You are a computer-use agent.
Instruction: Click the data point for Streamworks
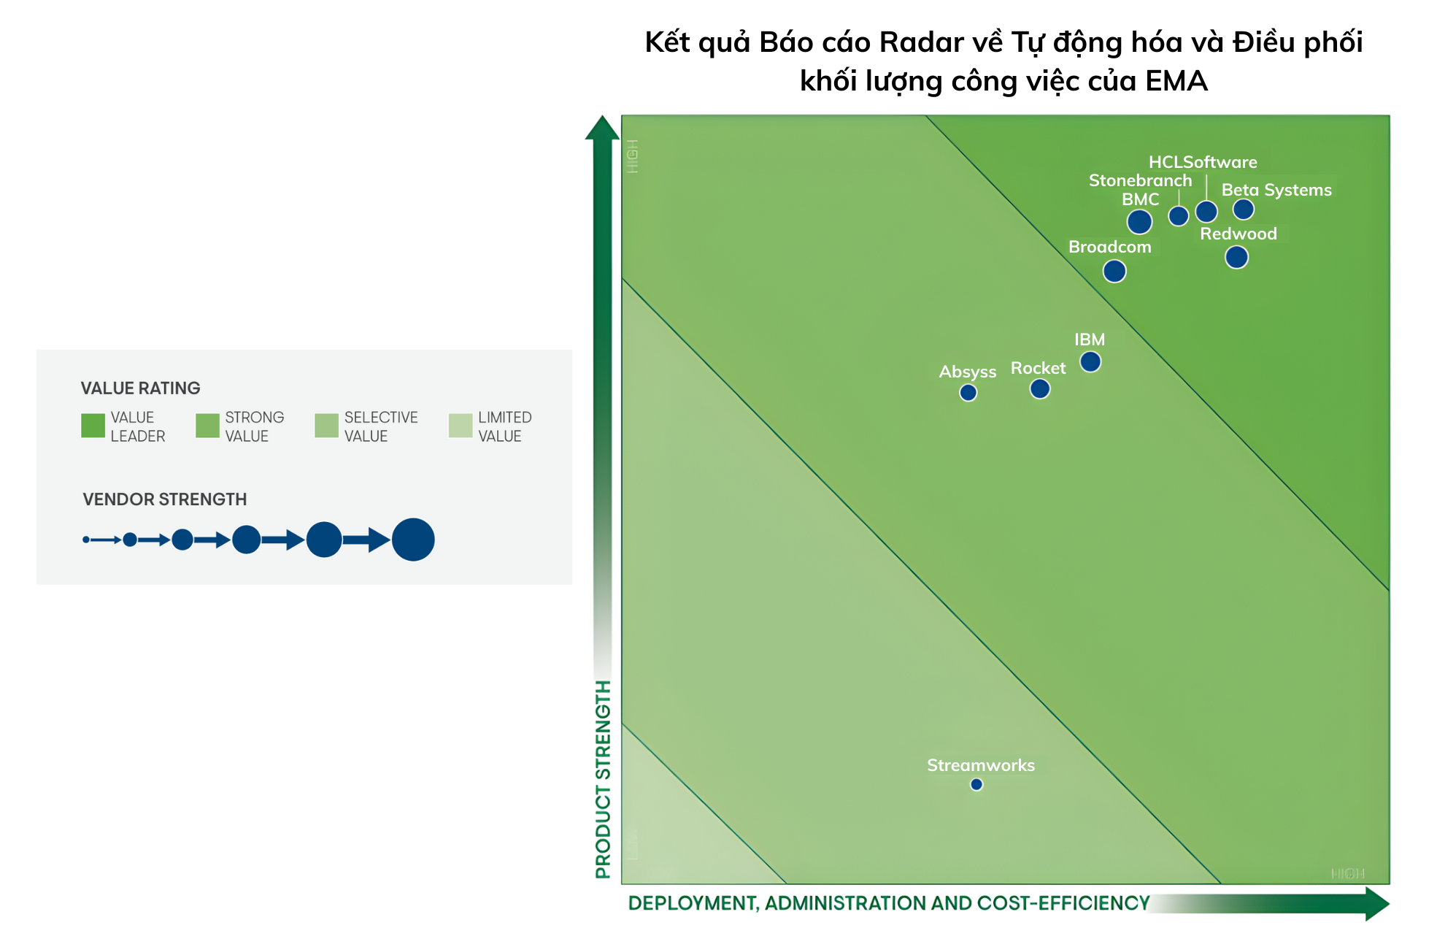pos(976,784)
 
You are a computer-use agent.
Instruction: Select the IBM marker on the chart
pos(1090,361)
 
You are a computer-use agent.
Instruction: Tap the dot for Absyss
pos(968,393)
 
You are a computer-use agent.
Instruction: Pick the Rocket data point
pos(1039,388)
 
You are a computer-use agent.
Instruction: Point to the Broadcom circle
pos(1114,271)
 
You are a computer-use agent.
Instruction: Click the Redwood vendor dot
pos(1236,257)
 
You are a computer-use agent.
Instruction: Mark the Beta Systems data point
pos(1243,210)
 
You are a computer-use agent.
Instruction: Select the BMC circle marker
pos(1139,221)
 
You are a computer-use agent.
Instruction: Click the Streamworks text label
pos(980,765)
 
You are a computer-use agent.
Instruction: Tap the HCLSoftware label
pos(1202,162)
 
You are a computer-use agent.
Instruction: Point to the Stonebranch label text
pos(1139,180)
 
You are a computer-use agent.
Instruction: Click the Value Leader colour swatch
pos(93,426)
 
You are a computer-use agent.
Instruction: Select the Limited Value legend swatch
pos(460,426)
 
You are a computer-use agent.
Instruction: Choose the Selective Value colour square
pos(326,426)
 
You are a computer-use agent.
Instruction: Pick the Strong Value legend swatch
pos(207,426)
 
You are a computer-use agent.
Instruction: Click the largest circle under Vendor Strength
pos(413,540)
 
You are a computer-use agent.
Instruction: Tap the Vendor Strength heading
pos(164,499)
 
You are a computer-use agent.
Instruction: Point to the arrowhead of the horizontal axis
pos(1376,904)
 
